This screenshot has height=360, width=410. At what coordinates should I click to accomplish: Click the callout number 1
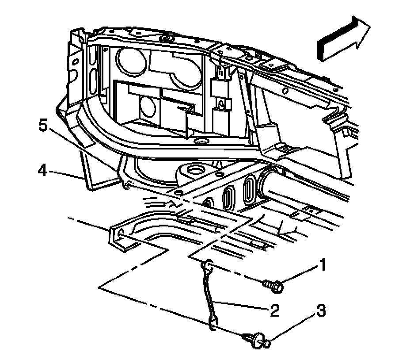pyautogui.click(x=323, y=266)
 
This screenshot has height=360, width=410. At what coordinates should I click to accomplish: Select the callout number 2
pyautogui.click(x=274, y=310)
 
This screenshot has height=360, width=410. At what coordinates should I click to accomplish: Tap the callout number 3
pyautogui.click(x=321, y=311)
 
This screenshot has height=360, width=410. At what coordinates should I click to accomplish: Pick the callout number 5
pyautogui.click(x=42, y=126)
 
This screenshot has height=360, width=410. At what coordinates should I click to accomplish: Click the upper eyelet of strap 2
pyautogui.click(x=206, y=266)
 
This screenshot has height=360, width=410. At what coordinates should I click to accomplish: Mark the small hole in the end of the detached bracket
pyautogui.click(x=118, y=231)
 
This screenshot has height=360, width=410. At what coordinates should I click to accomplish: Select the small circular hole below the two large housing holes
pyautogui.click(x=147, y=104)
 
